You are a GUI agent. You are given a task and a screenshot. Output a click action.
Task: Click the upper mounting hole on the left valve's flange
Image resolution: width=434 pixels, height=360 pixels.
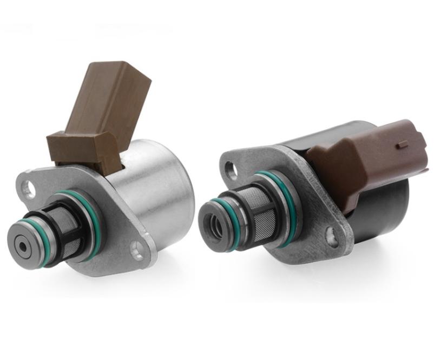[x=28, y=188]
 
